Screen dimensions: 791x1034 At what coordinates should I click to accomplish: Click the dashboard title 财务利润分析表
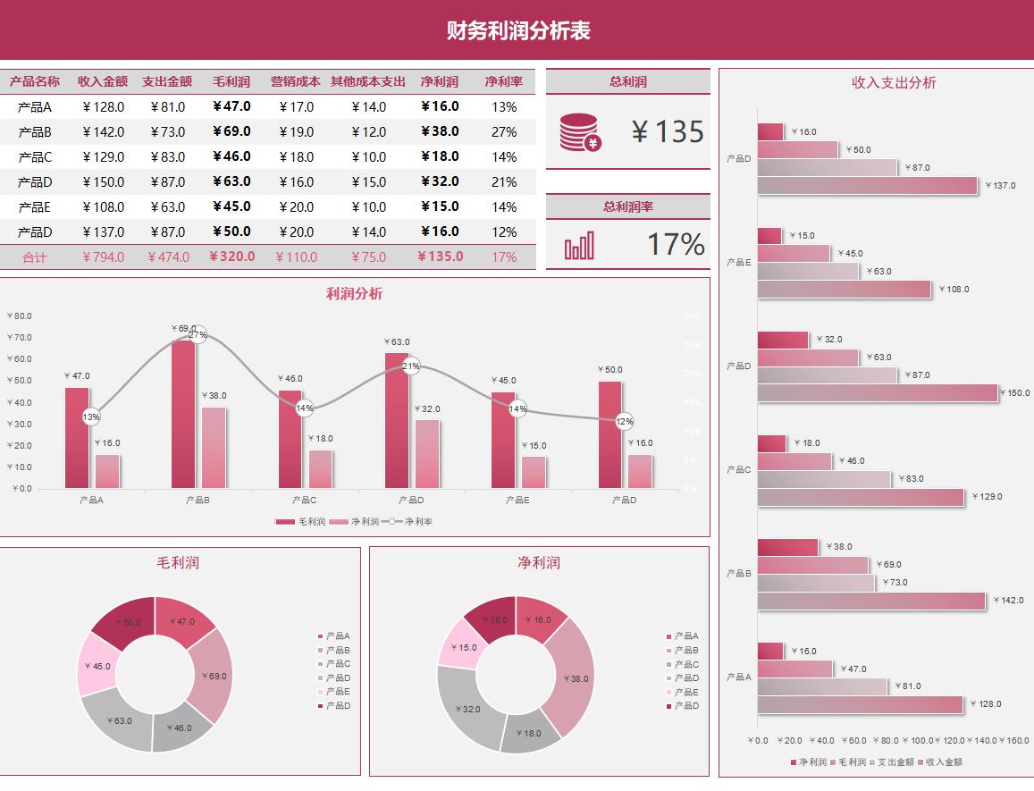[518, 31]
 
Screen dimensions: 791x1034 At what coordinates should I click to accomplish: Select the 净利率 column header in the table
[504, 81]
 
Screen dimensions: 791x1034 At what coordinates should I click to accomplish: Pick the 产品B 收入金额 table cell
[103, 132]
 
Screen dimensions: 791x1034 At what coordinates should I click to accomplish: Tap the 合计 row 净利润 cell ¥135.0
[440, 257]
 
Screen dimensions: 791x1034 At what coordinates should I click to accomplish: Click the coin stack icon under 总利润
[580, 132]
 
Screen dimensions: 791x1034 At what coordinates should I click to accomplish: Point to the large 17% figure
[676, 244]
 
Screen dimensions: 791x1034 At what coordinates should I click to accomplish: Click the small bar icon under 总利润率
[579, 246]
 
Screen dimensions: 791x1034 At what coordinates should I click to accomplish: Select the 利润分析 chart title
[354, 294]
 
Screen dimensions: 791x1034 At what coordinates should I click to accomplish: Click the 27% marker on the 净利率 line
[198, 335]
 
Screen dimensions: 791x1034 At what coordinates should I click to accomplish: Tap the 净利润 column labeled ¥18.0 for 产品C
[320, 468]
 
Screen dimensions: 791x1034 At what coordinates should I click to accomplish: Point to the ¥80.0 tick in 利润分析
[19, 316]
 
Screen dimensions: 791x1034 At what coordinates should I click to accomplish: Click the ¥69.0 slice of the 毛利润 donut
[212, 676]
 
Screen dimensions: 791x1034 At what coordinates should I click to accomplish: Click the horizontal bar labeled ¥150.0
[877, 392]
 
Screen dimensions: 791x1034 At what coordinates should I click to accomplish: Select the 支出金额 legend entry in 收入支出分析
[892, 762]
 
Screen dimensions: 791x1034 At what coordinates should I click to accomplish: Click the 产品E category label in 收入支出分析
[738, 263]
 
